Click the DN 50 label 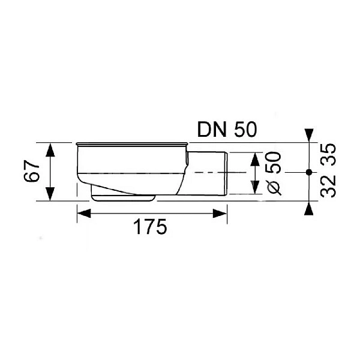(x=227, y=130)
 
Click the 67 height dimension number (x=32, y=171)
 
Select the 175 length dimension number (x=151, y=226)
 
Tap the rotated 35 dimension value (x=328, y=154)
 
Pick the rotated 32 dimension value (x=328, y=186)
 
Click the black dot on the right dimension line (x=309, y=172)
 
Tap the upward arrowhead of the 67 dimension (x=50, y=149)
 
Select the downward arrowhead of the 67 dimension (x=50, y=194)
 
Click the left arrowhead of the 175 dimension (x=84, y=214)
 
